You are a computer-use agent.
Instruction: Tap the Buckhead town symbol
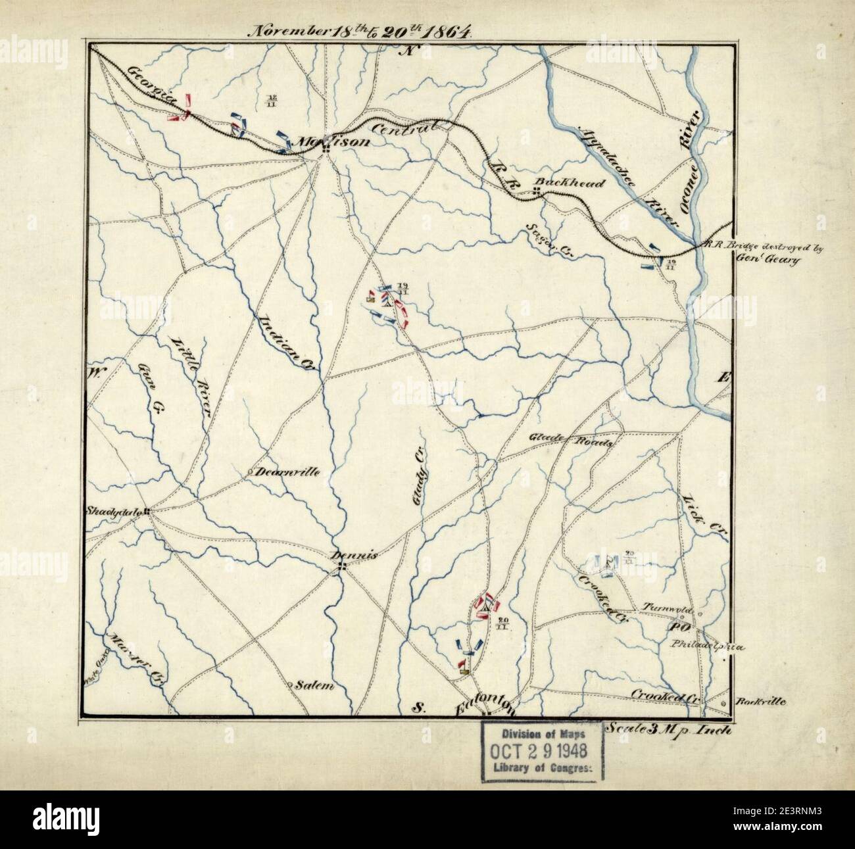tap(537, 191)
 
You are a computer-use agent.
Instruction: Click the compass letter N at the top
tap(412, 53)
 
